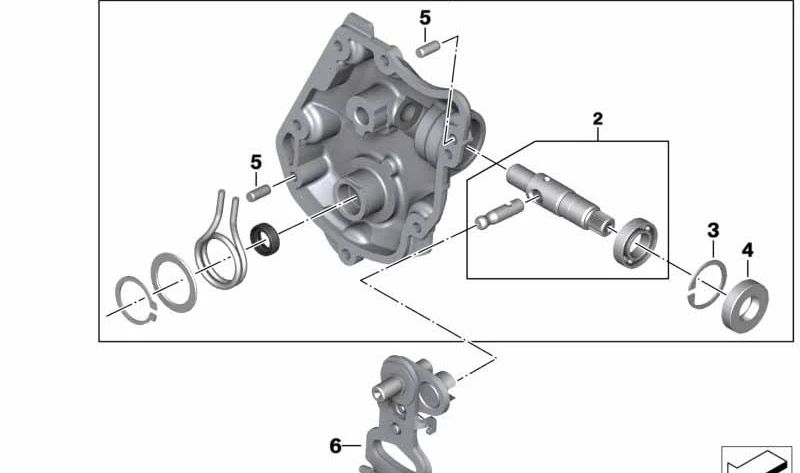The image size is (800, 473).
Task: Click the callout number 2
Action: pyautogui.click(x=598, y=120)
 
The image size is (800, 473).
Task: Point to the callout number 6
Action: pyautogui.click(x=337, y=445)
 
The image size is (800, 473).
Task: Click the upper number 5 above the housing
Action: pyautogui.click(x=425, y=18)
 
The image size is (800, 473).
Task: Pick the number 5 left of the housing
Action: pyautogui.click(x=256, y=161)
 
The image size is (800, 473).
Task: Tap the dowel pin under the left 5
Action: pyautogui.click(x=259, y=187)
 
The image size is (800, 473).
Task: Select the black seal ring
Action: pyautogui.click(x=266, y=242)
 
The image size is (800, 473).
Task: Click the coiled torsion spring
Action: pyautogui.click(x=221, y=250)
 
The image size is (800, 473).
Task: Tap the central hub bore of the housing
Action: pyautogui.click(x=357, y=196)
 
